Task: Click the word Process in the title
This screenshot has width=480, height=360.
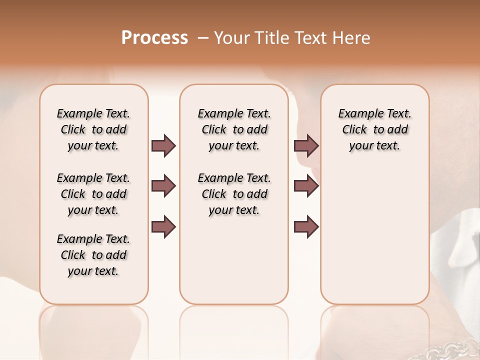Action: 154,38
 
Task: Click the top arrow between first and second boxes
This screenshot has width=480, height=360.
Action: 163,145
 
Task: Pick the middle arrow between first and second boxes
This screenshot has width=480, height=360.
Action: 163,186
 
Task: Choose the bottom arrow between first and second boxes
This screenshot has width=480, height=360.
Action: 163,227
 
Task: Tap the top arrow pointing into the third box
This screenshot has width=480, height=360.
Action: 306,145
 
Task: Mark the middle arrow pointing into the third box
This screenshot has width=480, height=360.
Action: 306,186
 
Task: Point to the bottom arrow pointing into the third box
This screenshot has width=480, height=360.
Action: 306,227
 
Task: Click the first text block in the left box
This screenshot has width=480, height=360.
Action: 93,129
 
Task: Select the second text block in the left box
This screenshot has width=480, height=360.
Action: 93,194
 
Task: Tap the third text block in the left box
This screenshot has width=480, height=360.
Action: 93,255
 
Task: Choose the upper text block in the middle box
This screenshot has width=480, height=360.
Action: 234,129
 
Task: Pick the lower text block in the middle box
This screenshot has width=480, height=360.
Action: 234,194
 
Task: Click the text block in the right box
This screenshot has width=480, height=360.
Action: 374,129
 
